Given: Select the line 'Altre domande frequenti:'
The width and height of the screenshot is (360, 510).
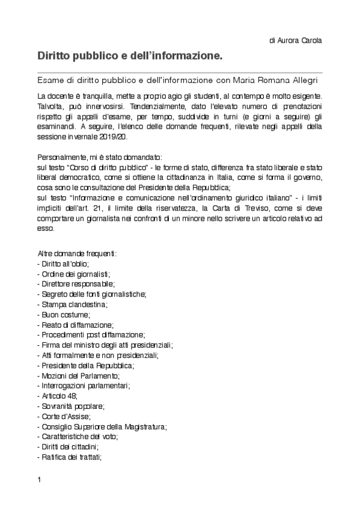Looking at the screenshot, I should pyautogui.click(x=77, y=254).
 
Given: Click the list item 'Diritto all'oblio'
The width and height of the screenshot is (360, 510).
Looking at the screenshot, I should pyautogui.click(x=63, y=264).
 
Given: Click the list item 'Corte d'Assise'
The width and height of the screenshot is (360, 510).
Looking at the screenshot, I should pyautogui.click(x=64, y=416).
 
